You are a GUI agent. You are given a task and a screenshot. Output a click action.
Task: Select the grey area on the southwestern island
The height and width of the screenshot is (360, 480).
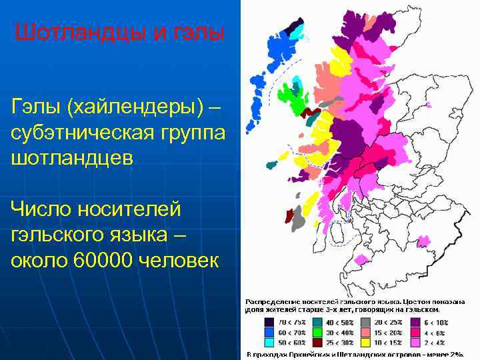[298, 219]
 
